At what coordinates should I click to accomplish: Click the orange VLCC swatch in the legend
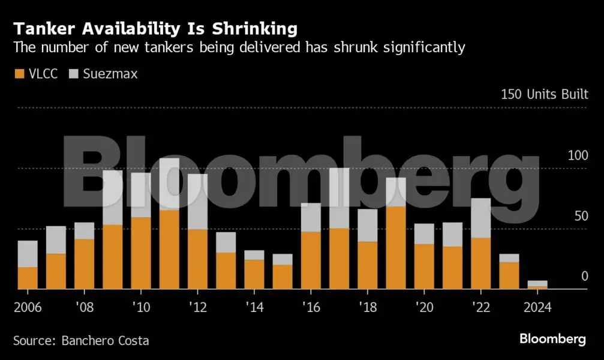tap(19, 74)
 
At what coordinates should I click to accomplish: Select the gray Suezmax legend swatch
tap(74, 74)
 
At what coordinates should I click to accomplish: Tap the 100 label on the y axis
tap(578, 156)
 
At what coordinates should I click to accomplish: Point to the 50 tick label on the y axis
tap(581, 216)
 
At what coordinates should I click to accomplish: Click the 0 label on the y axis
tap(585, 277)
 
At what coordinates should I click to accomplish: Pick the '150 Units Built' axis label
tap(545, 94)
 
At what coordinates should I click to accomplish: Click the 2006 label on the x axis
tap(28, 307)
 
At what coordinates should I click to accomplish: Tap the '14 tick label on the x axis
tap(255, 307)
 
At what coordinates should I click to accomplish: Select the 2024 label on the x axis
tap(537, 307)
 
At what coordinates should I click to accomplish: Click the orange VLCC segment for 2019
tap(396, 248)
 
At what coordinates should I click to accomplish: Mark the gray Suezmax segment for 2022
tap(480, 218)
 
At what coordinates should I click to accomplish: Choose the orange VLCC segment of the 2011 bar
tap(169, 250)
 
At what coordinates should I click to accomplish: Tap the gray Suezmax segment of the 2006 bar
tap(28, 254)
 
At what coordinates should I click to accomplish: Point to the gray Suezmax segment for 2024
tap(537, 284)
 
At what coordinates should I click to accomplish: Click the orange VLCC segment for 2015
tap(283, 277)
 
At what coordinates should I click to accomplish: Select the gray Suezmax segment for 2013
tap(226, 242)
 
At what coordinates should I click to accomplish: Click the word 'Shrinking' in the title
tap(255, 29)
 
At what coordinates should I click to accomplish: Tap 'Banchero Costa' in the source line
tap(105, 341)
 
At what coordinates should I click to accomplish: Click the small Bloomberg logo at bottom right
tap(553, 339)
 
